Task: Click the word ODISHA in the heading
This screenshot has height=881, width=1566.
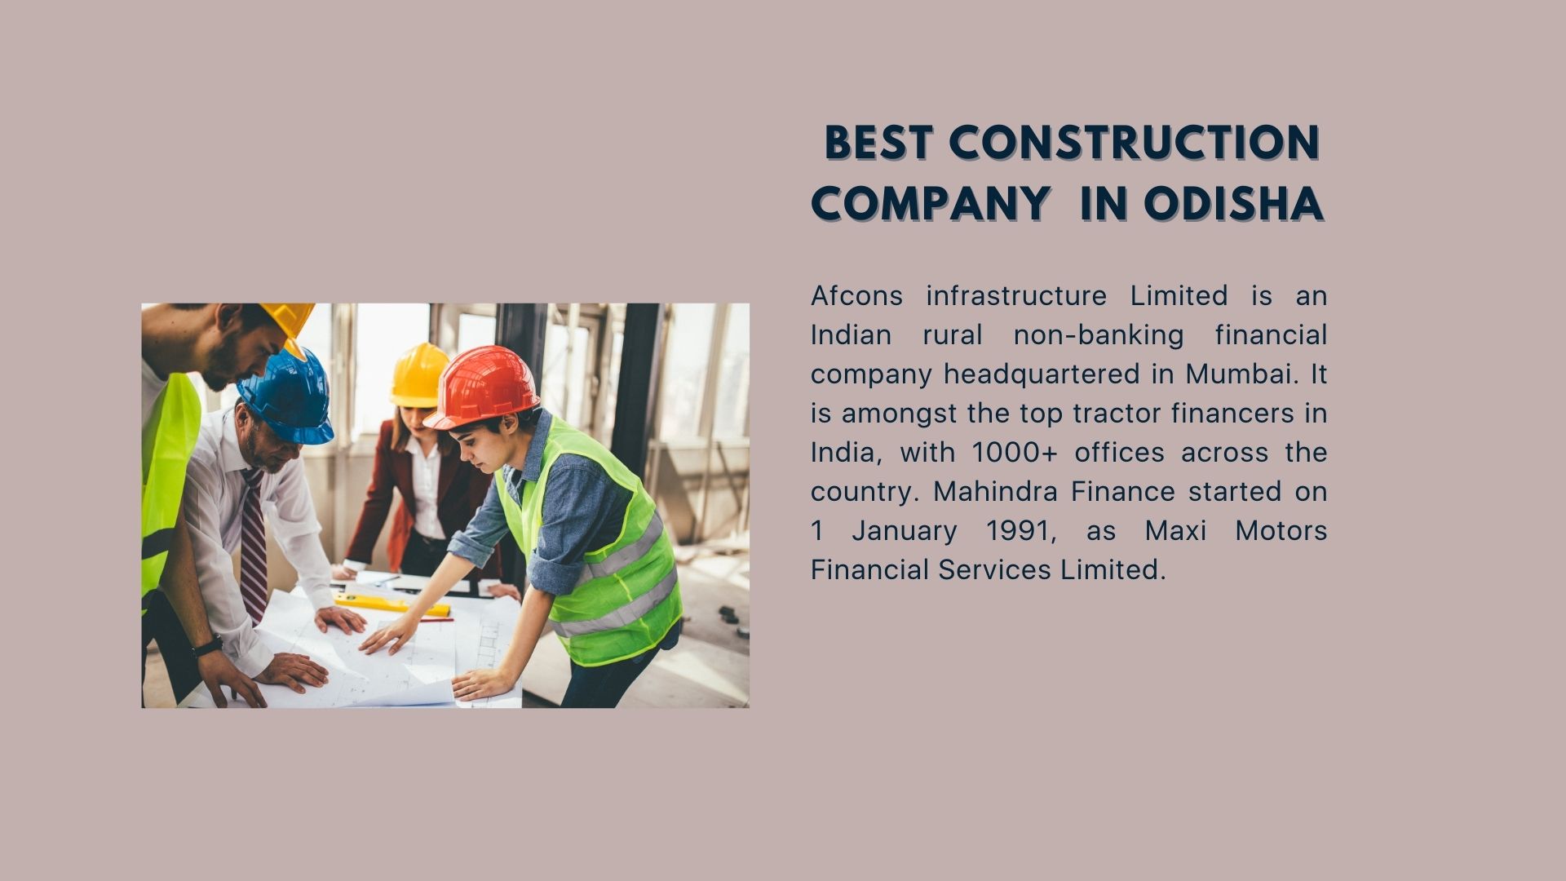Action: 1232,203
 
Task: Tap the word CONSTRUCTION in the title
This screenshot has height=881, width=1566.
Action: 1134,143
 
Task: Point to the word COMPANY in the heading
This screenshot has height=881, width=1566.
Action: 930,203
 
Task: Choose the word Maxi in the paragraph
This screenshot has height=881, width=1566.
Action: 1174,530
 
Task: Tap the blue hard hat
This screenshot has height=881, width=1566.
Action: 287,396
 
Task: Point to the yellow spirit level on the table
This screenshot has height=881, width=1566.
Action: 391,604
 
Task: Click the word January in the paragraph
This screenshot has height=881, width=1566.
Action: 905,531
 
